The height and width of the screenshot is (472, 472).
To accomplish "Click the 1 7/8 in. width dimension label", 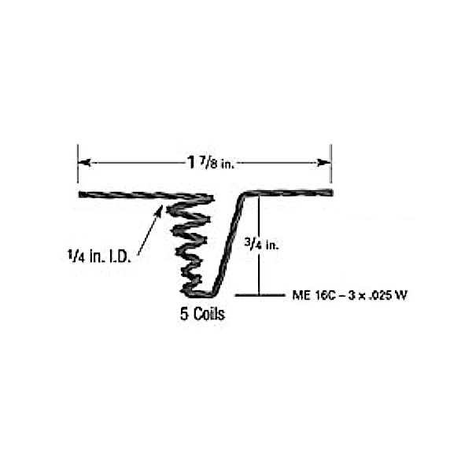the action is [210, 163].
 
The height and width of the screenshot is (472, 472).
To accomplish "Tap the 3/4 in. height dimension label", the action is [261, 244].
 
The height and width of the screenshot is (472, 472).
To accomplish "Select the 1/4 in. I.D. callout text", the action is [99, 256].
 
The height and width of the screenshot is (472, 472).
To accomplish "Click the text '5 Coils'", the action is [202, 314].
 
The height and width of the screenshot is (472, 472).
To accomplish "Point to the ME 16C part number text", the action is [349, 295].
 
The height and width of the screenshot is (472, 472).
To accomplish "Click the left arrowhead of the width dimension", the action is [84, 163].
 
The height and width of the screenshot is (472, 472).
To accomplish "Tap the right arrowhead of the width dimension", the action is [324, 163].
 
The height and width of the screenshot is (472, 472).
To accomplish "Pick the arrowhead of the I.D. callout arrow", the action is [159, 211].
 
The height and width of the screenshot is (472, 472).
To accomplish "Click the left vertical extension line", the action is [78, 164].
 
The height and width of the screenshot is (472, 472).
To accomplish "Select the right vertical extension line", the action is [331, 164].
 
